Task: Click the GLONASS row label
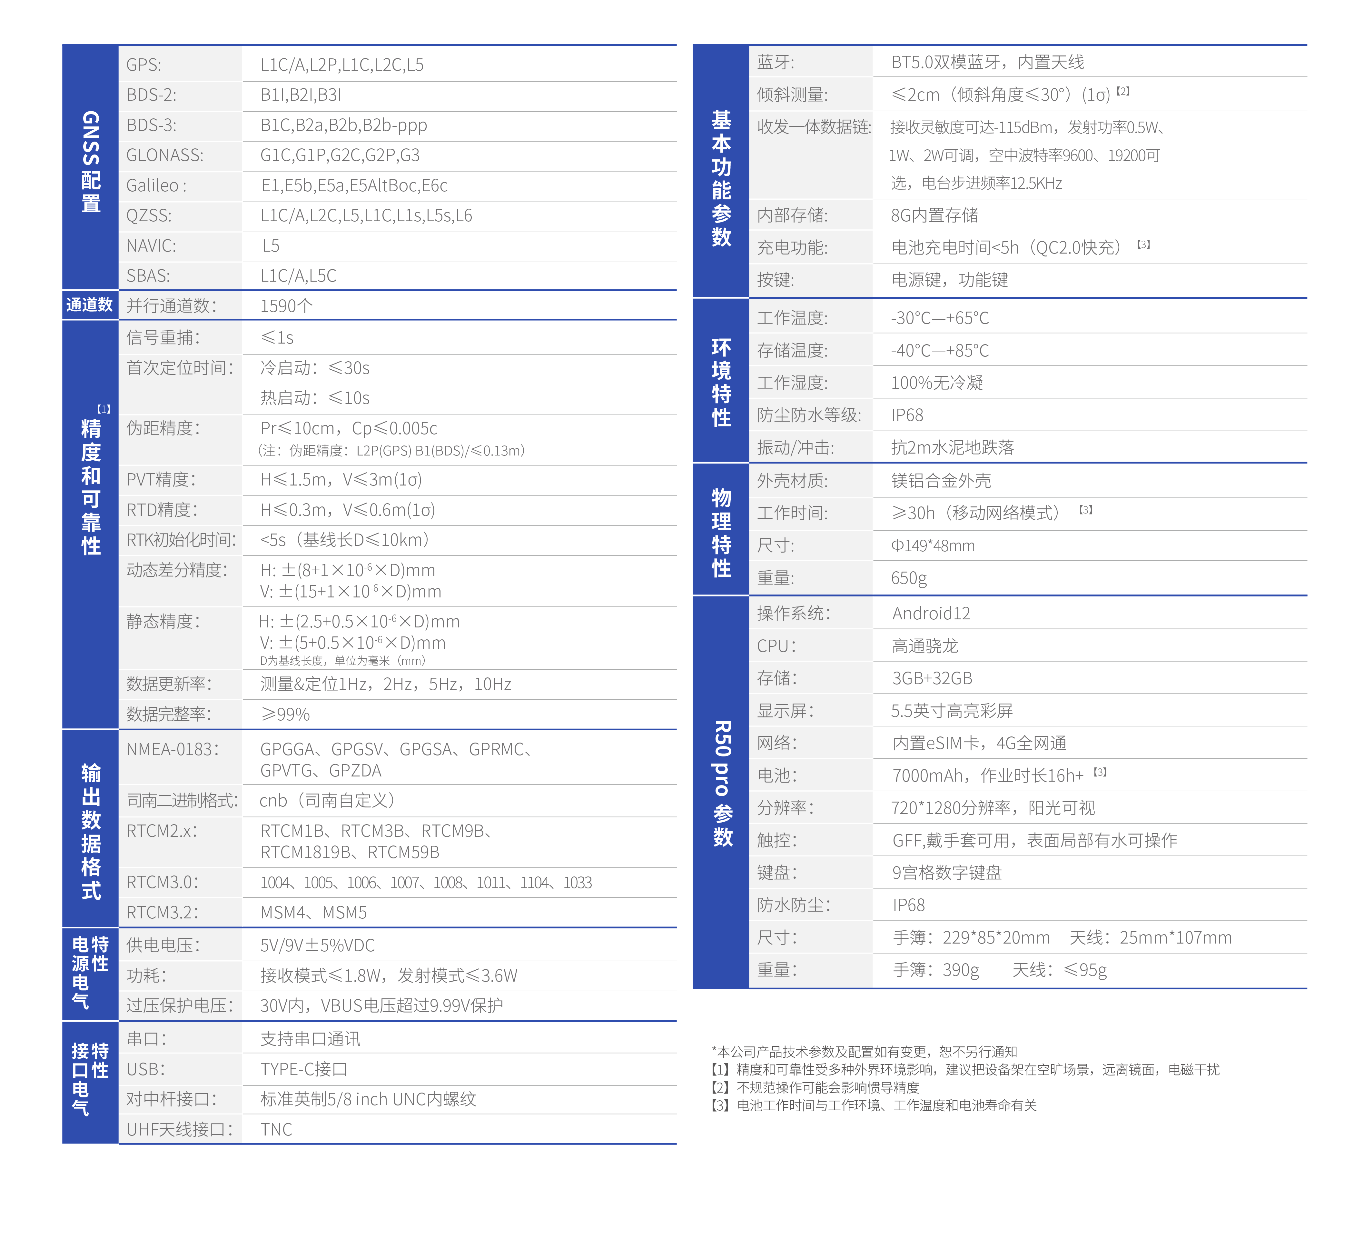click(x=164, y=156)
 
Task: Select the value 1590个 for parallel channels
click(x=286, y=306)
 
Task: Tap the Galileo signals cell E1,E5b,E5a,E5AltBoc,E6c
click(x=354, y=185)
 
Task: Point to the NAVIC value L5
click(x=271, y=246)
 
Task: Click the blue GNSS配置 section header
click(x=90, y=163)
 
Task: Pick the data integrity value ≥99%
click(x=285, y=714)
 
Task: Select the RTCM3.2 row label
click(x=163, y=912)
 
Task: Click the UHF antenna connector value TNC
click(x=276, y=1129)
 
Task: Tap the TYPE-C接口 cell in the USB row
click(x=303, y=1069)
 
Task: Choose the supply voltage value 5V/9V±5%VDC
click(x=317, y=945)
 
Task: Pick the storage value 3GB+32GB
click(x=932, y=678)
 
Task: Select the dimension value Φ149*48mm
click(x=932, y=545)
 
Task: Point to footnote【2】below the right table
click(x=815, y=1087)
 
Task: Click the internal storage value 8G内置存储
click(x=934, y=215)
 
